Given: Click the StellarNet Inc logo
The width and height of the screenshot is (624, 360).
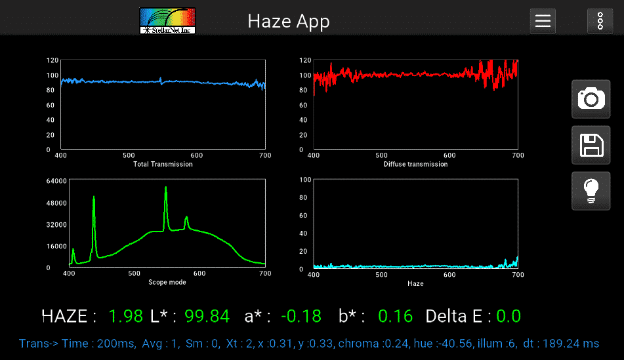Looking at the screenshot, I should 168,20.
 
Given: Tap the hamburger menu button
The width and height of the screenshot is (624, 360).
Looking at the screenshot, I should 543,21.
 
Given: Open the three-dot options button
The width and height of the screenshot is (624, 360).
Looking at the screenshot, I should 600,21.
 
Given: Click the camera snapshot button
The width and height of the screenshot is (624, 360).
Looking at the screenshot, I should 591,99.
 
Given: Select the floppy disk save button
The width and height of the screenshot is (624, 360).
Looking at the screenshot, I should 591,145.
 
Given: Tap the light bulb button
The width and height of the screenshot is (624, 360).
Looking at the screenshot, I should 591,191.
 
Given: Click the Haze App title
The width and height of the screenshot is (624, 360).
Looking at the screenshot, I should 289,21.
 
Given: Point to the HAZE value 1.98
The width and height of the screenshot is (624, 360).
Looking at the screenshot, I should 125,316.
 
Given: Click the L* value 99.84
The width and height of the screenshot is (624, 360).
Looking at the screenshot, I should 207,316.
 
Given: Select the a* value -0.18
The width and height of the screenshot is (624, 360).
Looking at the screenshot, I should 301,316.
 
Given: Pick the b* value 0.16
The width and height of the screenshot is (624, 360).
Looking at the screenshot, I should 396,316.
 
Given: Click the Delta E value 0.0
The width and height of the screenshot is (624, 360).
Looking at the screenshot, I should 509,316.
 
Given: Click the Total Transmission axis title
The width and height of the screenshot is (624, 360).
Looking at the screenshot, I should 163,164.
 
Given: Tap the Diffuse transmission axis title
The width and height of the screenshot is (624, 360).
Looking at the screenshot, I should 415,164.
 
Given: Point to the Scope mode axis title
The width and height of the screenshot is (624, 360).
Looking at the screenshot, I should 167,282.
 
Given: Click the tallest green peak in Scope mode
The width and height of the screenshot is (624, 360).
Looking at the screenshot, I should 166,188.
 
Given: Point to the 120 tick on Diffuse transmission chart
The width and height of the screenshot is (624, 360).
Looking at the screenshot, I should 304,60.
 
